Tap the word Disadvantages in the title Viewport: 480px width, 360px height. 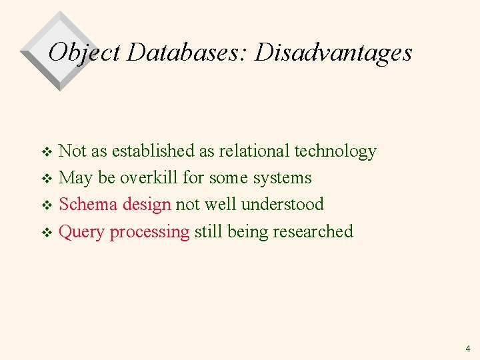[x=333, y=52]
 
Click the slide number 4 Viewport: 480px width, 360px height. [x=468, y=348]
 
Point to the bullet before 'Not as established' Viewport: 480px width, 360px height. [x=47, y=153]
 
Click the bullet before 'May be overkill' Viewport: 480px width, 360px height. [x=47, y=179]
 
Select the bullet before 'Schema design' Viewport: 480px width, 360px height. [x=47, y=206]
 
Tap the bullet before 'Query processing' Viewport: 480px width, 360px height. [x=47, y=233]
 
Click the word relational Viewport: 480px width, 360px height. [x=254, y=151]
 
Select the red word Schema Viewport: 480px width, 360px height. [x=89, y=205]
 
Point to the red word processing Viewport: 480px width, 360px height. [x=150, y=233]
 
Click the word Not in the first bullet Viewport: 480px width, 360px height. [x=72, y=151]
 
